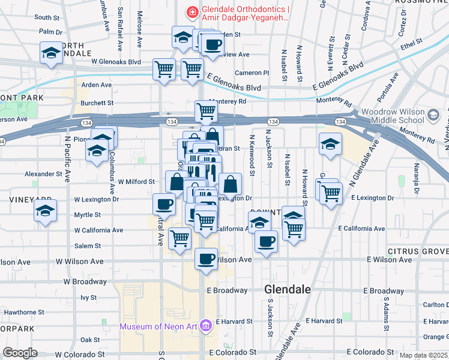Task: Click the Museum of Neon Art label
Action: tap(159, 326)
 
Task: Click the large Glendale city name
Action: tap(288, 289)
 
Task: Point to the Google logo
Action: tap(20, 353)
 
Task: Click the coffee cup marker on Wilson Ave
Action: tap(206, 259)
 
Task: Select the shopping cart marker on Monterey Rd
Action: tap(206, 110)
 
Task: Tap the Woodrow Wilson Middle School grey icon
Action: tap(433, 113)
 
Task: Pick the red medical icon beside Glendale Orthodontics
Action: tap(192, 11)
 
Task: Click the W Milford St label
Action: tap(140, 181)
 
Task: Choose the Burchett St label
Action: tap(97, 103)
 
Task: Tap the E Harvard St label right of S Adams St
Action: tap(427, 321)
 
